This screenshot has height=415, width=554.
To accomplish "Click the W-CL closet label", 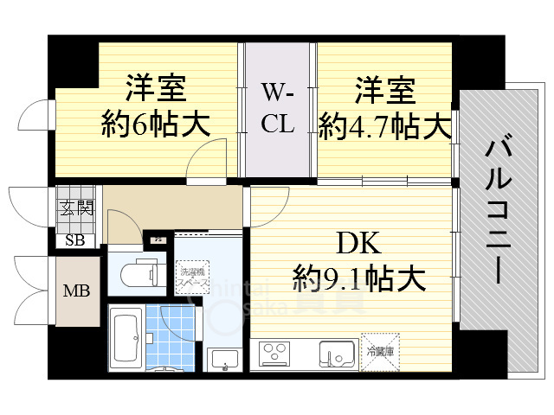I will click(278, 108).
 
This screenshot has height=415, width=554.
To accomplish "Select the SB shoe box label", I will click(74, 240).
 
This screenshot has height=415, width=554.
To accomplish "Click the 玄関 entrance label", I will click(76, 207).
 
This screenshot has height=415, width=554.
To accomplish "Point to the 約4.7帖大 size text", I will click(384, 126).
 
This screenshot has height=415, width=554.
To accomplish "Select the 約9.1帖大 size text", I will click(358, 278).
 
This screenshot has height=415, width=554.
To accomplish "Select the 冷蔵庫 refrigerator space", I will click(379, 351).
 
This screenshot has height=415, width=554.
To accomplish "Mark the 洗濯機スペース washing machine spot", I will click(191, 278).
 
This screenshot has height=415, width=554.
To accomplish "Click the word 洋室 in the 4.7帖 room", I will click(384, 90).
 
